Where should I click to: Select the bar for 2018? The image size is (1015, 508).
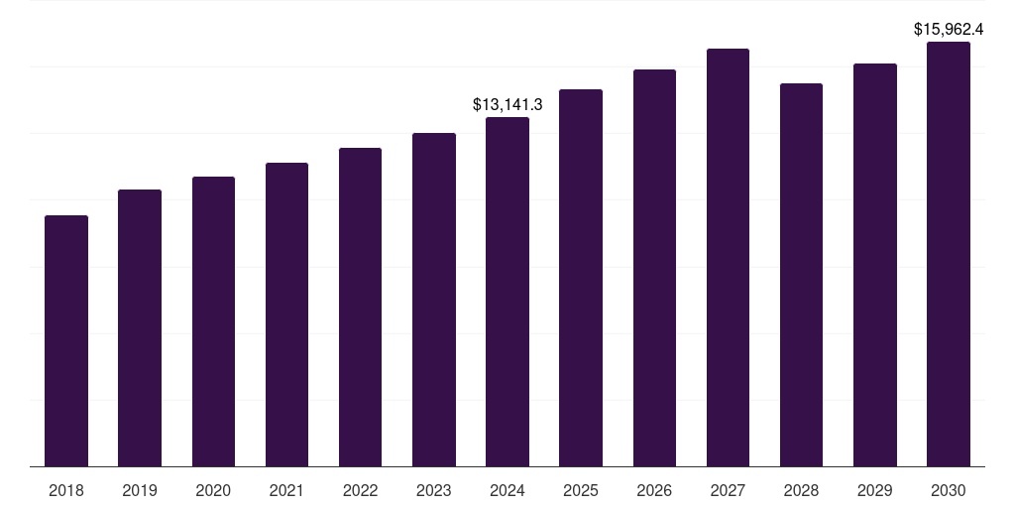[66, 341]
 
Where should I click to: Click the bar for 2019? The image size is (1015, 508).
[140, 327]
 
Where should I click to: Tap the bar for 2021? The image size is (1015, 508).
[286, 315]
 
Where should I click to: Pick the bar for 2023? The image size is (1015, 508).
[434, 300]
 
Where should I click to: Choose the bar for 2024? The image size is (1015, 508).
[507, 293]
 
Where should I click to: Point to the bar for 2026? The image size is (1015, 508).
[654, 268]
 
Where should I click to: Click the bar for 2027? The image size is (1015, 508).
[729, 258]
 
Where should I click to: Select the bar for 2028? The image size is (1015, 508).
[801, 276]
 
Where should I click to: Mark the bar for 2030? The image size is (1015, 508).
[949, 254]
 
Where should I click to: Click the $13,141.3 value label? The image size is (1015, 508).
[507, 104]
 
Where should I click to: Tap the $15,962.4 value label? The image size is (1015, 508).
[949, 29]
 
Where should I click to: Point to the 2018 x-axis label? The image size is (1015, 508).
[66, 490]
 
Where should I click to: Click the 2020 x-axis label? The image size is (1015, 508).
[213, 490]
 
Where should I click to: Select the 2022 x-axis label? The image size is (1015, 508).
[360, 490]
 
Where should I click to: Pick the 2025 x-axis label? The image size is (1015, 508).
[581, 490]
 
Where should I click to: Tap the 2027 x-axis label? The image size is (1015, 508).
[728, 490]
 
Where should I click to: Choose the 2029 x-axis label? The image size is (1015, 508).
[874, 490]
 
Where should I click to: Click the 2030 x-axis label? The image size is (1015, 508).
[949, 490]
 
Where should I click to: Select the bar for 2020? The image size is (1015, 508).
[214, 321]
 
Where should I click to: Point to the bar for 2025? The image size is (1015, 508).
[581, 278]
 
